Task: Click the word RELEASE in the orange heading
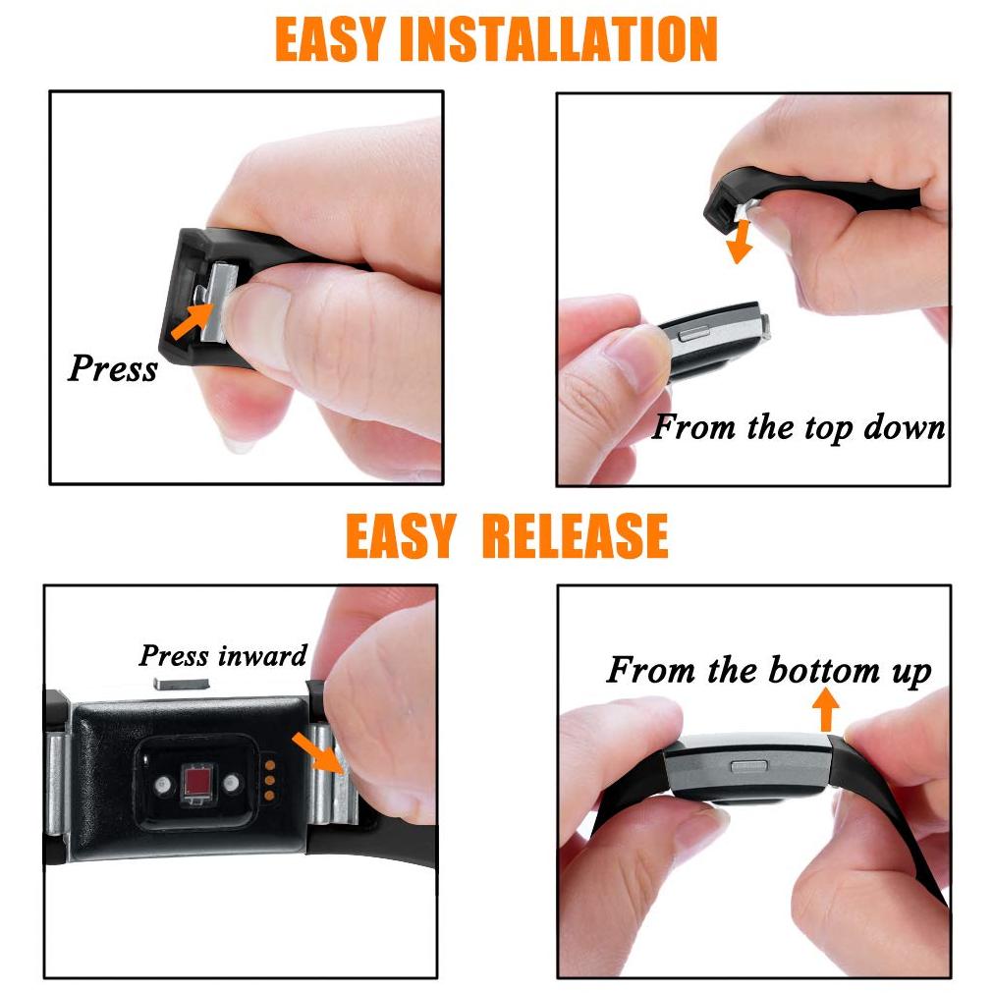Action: click(575, 535)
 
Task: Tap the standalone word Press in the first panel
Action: click(113, 368)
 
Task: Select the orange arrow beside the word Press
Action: click(192, 321)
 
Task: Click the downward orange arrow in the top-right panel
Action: click(739, 242)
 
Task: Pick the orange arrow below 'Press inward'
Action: click(318, 752)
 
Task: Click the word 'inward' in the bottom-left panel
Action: click(262, 655)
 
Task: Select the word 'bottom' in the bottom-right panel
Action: click(824, 670)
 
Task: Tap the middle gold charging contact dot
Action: click(270, 780)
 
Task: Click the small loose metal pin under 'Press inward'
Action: click(181, 684)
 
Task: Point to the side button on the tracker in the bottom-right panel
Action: click(748, 766)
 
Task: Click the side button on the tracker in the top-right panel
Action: click(694, 333)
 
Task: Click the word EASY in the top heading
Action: click(330, 39)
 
